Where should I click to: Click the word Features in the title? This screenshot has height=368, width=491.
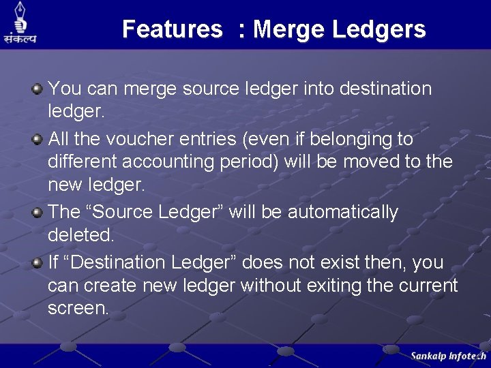point(172,29)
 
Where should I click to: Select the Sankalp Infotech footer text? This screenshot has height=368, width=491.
point(448,356)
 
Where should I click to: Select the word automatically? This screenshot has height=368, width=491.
point(342,212)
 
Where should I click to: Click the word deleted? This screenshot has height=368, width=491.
point(80,235)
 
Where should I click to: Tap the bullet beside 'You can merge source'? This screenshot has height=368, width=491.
point(38,88)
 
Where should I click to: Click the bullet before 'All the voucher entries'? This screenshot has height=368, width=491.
point(38,139)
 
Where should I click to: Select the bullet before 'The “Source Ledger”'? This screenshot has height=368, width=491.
point(38,212)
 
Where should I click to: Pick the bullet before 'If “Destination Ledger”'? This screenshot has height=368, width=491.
point(38,262)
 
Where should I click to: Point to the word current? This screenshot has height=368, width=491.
point(426,285)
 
